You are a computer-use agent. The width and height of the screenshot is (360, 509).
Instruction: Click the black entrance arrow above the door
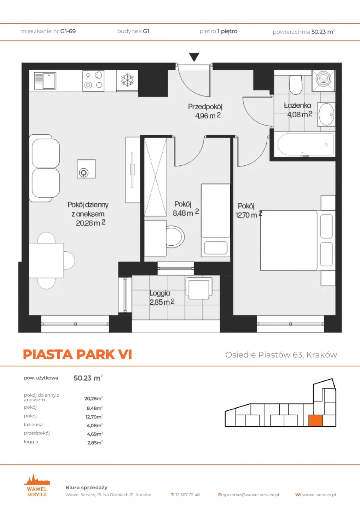coord(194,57)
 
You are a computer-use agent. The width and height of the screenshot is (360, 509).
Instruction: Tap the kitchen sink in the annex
coord(45,81)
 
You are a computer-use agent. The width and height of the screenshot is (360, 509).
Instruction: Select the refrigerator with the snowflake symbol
coord(127,81)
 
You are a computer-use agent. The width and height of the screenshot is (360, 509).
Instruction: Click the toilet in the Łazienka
coord(296,84)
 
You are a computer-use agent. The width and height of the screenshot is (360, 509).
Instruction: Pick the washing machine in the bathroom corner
coord(324,81)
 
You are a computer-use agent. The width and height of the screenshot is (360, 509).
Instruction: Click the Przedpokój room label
coord(205,107)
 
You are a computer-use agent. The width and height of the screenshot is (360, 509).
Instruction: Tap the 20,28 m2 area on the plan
coord(91,223)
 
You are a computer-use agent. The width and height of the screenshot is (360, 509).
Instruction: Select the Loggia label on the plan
coord(160,293)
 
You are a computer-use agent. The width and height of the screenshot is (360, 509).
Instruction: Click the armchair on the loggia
coord(199,288)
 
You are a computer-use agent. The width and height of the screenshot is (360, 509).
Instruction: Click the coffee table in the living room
coord(86,169)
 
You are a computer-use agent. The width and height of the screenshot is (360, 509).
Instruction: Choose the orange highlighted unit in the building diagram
coord(315,421)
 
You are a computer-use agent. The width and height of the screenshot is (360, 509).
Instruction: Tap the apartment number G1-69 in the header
coord(68,31)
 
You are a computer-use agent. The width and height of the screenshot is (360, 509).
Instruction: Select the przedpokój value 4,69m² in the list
coord(95,434)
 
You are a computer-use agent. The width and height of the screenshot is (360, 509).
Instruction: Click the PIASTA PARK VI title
coord(77,355)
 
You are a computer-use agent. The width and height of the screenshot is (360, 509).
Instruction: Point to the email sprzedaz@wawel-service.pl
coord(251,495)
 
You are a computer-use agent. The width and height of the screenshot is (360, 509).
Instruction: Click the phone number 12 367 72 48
coord(187,495)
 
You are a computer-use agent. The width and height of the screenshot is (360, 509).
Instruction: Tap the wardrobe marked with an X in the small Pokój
coord(156,177)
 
